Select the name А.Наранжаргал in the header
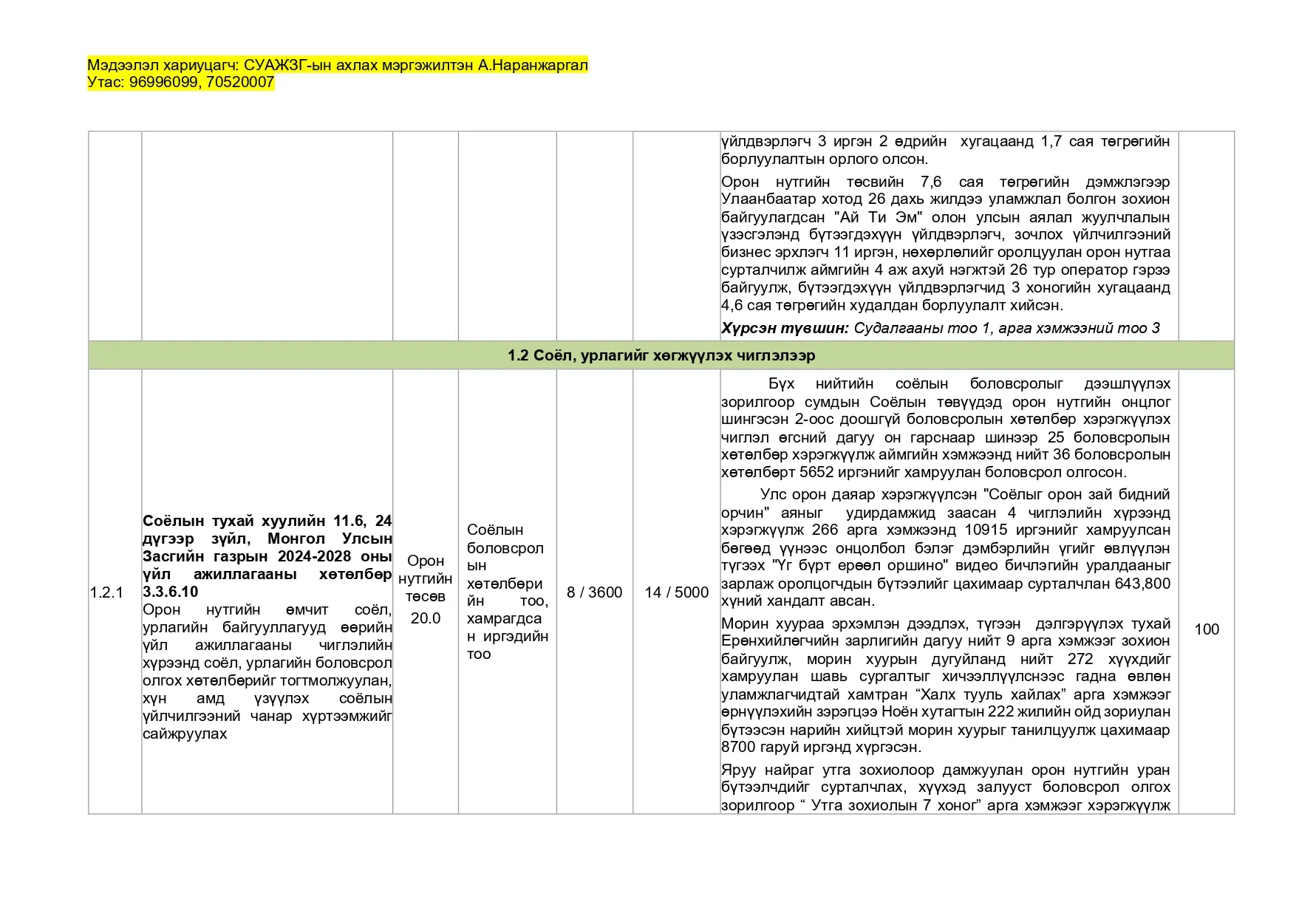[x=533, y=65]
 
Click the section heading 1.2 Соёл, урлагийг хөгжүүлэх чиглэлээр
[x=661, y=355]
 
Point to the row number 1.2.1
[x=106, y=592]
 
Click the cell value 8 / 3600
[x=594, y=592]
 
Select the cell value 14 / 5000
[x=676, y=592]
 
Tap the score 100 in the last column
[x=1206, y=629]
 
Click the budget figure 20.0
[x=425, y=618]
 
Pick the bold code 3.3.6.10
[x=171, y=592]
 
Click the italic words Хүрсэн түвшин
[x=785, y=328]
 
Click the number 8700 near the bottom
[x=738, y=747]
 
